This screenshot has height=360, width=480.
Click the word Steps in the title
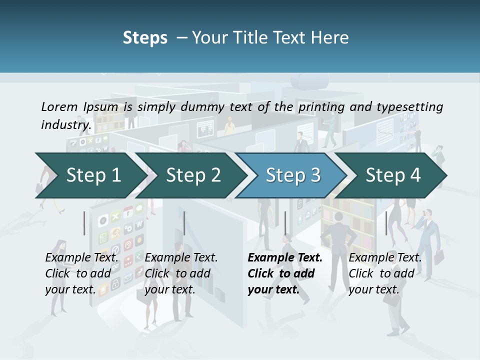click(145, 38)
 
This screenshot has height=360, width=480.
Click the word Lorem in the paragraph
click(59, 106)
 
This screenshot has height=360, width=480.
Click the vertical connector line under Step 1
click(84, 223)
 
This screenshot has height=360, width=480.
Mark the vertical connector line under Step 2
click(184, 223)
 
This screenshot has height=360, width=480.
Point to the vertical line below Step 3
click(285, 223)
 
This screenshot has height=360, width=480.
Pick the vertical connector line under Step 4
click(386, 223)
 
